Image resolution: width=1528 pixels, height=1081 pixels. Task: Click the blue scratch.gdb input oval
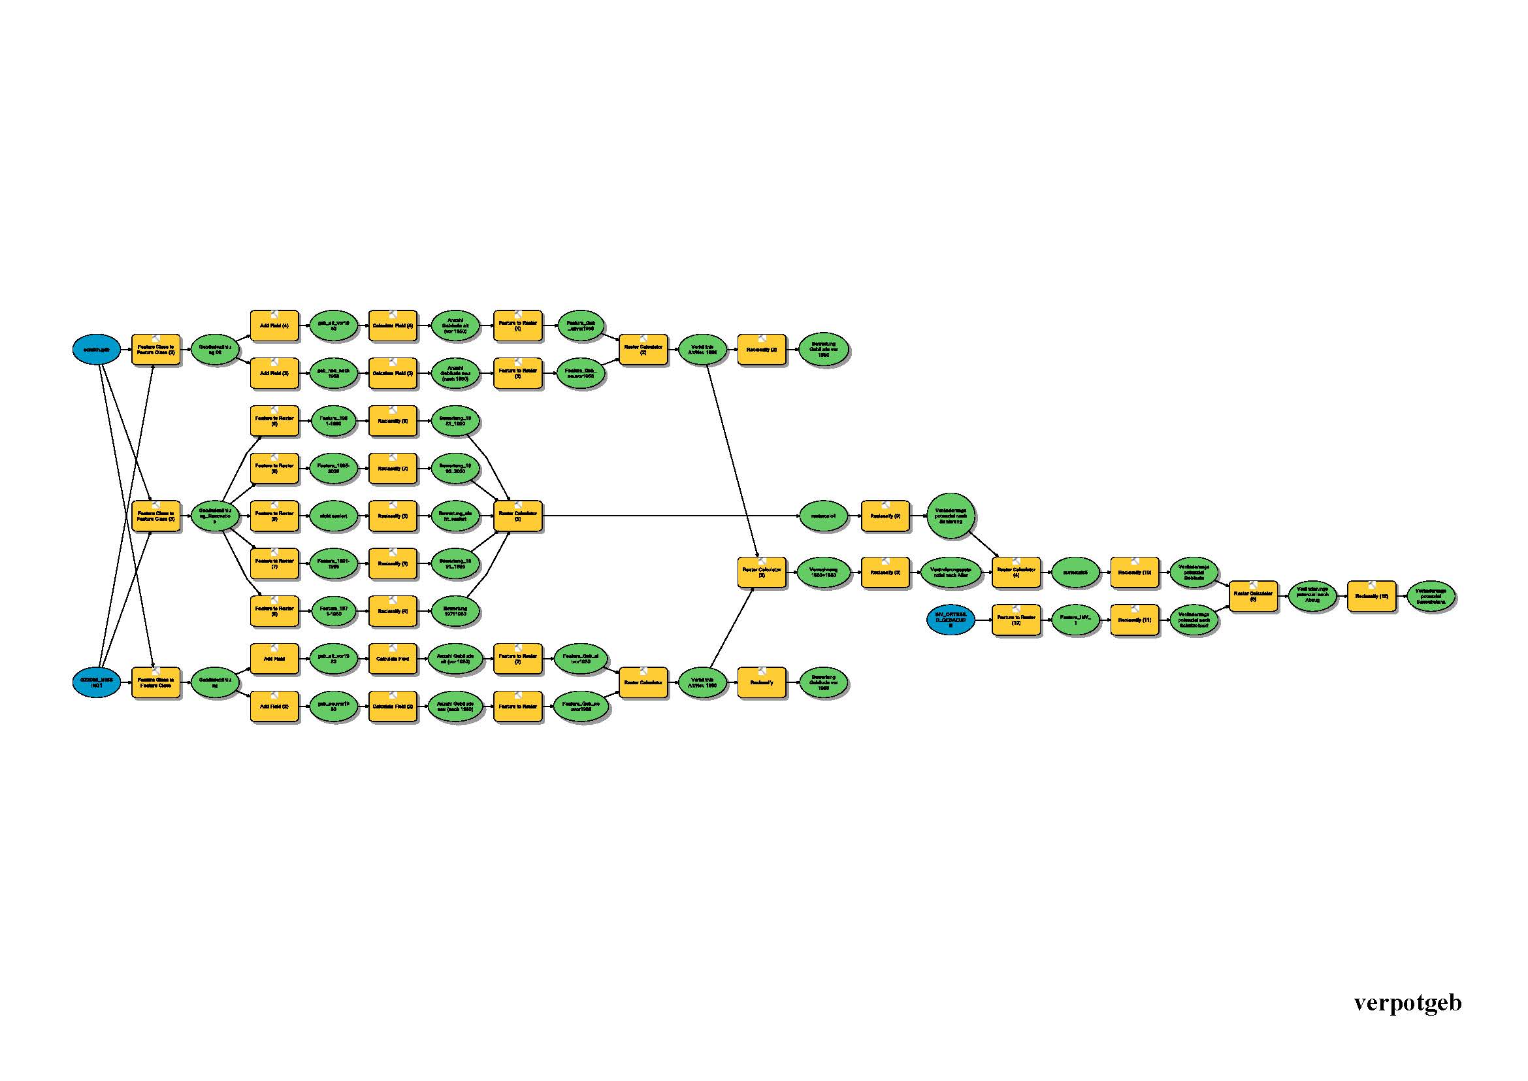click(x=97, y=350)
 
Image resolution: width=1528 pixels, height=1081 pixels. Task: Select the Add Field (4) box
click(x=274, y=326)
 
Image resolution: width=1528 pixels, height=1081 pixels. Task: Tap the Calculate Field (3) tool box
click(x=393, y=373)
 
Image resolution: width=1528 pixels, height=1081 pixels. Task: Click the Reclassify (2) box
click(x=761, y=350)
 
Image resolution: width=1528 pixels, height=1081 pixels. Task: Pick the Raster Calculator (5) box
click(x=518, y=516)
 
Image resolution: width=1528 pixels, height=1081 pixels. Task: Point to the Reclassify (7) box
click(x=393, y=469)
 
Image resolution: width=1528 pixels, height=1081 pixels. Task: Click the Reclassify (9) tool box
click(x=885, y=516)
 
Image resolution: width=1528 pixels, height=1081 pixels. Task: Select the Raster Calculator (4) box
click(x=1016, y=573)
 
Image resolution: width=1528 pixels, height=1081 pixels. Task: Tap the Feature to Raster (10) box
click(x=1016, y=620)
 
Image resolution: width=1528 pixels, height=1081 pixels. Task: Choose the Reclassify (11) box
click(x=1134, y=620)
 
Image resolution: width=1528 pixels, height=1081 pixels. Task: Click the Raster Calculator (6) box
click(x=1252, y=597)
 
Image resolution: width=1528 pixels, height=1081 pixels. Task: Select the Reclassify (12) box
click(x=1371, y=597)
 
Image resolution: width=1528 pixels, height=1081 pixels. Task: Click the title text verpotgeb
click(x=1407, y=1003)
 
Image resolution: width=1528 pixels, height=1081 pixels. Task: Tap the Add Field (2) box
click(x=274, y=707)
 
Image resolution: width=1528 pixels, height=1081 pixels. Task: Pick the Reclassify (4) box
click(x=393, y=611)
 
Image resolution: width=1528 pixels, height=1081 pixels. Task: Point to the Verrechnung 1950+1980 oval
click(x=824, y=573)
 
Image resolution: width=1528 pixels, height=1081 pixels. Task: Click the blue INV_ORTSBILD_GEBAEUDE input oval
click(x=951, y=620)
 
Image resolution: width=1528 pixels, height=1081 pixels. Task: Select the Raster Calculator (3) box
click(x=761, y=573)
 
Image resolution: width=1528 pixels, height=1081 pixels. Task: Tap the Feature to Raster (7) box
click(x=274, y=564)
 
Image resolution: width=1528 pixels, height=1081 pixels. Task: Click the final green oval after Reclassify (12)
click(x=1431, y=597)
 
